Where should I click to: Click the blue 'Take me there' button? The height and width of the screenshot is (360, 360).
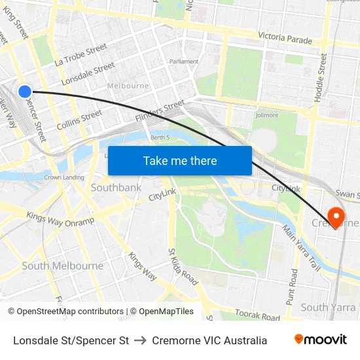[x=180, y=160]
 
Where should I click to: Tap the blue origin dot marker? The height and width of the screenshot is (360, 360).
[x=25, y=92]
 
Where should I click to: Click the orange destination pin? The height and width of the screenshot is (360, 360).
[x=336, y=217]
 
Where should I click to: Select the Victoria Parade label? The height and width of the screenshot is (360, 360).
[x=285, y=39]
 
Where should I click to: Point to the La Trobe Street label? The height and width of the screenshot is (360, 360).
[x=81, y=55]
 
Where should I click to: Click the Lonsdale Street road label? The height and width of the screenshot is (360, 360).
[x=88, y=74]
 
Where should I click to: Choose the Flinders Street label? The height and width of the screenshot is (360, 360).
[x=160, y=110]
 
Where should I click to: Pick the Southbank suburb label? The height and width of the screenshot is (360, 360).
[x=116, y=188]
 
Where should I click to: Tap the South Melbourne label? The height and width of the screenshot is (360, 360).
[x=63, y=266]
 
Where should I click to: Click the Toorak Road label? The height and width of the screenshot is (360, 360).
[x=257, y=315]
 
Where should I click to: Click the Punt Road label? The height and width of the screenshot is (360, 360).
[x=292, y=286]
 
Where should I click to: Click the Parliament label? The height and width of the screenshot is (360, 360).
[x=184, y=62]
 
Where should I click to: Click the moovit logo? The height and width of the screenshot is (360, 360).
[x=320, y=340]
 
